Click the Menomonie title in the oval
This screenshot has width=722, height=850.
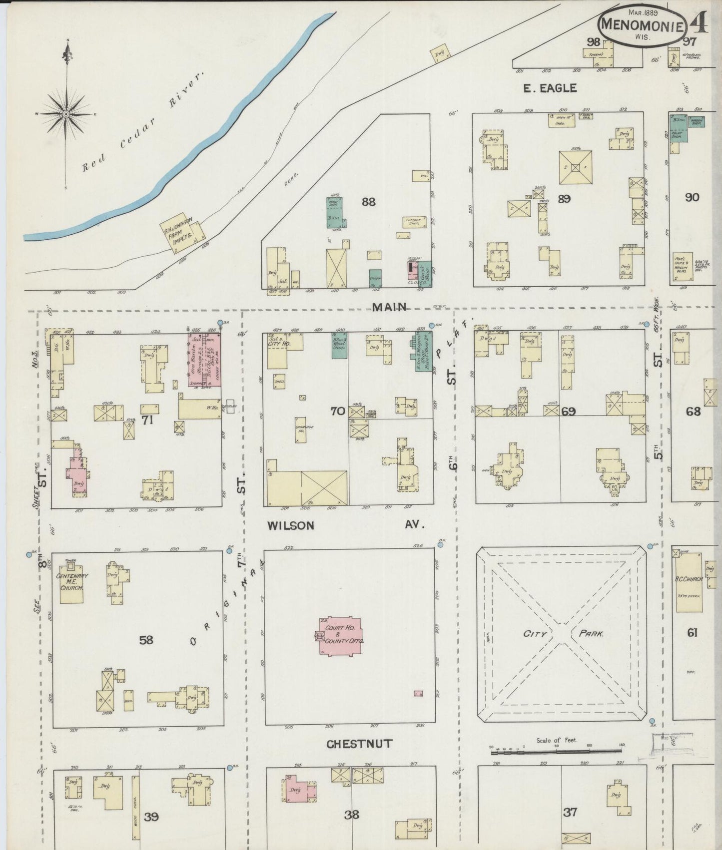[642, 24]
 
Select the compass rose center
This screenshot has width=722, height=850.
[66, 114]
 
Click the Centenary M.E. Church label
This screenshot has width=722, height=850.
[71, 582]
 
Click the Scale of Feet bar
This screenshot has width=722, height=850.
[556, 750]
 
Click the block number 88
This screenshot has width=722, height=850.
[369, 202]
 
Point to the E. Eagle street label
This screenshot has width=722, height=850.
[550, 88]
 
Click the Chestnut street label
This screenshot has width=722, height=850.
[359, 744]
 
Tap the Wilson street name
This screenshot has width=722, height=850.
[290, 525]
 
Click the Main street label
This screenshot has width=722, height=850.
[390, 307]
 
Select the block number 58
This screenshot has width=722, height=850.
[146, 639]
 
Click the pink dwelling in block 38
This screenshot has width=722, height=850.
[300, 790]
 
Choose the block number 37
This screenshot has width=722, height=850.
[570, 813]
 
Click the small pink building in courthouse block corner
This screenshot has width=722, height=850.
[418, 693]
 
